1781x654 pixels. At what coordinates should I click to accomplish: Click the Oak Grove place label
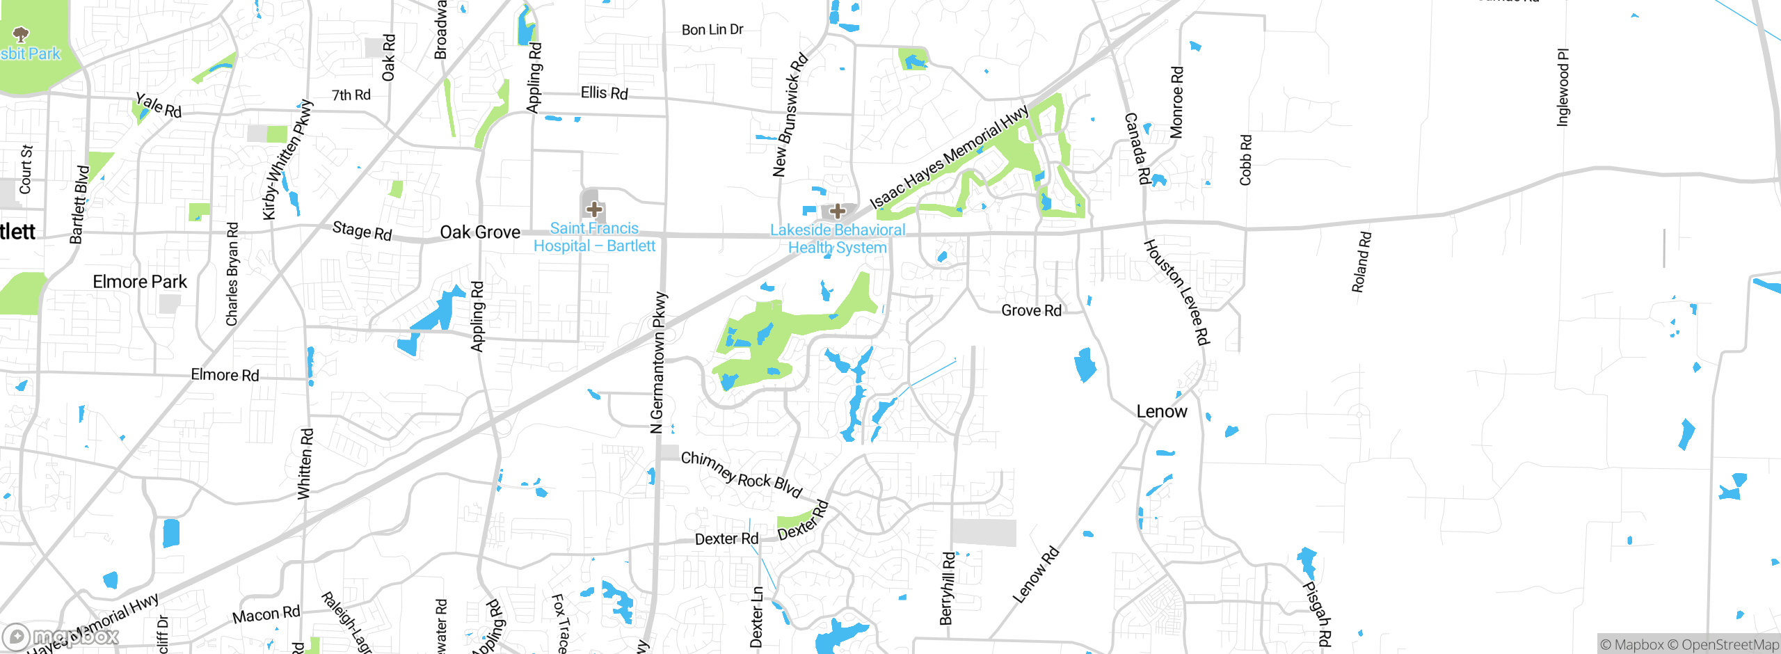(480, 232)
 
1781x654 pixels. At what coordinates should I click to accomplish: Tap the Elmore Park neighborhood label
(140, 282)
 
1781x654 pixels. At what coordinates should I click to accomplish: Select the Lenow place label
(1161, 412)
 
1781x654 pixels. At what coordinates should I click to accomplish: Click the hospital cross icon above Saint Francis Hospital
(594, 209)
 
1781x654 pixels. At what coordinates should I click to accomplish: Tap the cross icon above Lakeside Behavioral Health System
(838, 211)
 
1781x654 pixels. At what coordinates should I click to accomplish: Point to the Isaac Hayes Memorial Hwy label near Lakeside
(949, 157)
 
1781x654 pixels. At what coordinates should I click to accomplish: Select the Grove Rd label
(1031, 310)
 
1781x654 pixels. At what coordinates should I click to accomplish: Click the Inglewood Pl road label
(1563, 88)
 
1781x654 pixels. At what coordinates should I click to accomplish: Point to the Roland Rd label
(1361, 262)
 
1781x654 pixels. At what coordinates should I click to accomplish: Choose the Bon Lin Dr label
(712, 30)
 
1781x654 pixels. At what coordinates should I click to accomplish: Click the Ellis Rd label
(604, 93)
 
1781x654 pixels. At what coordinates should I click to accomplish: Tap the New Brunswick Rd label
(790, 115)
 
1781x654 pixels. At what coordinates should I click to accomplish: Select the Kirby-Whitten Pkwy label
(287, 161)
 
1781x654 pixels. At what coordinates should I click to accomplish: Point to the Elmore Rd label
(225, 375)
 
